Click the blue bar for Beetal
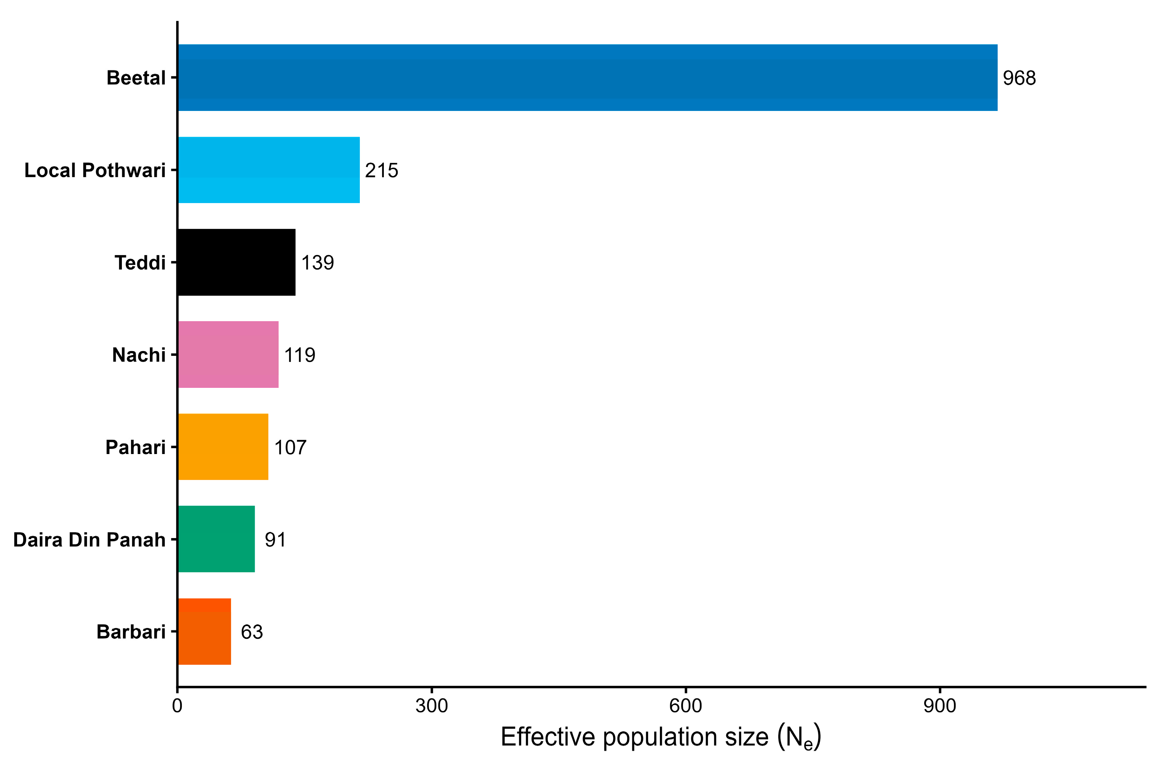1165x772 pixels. (x=588, y=78)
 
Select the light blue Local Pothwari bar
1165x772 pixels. (x=269, y=170)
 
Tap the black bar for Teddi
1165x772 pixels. (x=237, y=262)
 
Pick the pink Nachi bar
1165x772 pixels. (x=228, y=354)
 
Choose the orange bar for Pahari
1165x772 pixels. (x=223, y=446)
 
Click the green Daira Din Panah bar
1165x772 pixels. (x=216, y=539)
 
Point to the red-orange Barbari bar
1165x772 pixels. (x=205, y=631)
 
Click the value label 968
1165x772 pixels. (x=1019, y=78)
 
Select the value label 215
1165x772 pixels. (x=382, y=170)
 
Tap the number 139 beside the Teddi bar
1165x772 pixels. (x=318, y=262)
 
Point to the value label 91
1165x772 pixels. (x=275, y=540)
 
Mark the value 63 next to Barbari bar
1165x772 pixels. (x=252, y=632)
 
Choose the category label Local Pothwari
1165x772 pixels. (x=95, y=170)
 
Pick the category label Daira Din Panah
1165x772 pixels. (x=90, y=540)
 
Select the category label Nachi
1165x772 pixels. (x=139, y=355)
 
